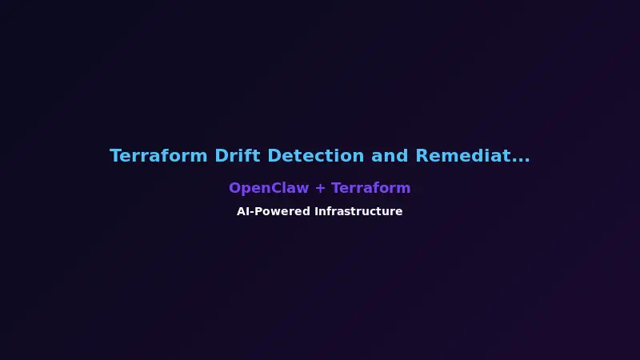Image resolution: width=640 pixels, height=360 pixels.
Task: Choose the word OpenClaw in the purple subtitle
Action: coord(268,188)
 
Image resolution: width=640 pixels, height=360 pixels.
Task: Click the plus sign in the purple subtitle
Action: coord(320,189)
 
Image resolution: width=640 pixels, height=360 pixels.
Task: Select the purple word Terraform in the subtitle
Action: coord(371,188)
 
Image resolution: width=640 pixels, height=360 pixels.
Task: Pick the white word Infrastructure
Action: coord(358,211)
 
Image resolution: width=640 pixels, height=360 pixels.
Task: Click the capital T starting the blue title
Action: coord(115,156)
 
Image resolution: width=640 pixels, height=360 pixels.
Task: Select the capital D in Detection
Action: coord(274,156)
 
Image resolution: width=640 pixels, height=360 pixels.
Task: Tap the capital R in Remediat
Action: coord(422,156)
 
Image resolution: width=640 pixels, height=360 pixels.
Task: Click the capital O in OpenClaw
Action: coord(235,188)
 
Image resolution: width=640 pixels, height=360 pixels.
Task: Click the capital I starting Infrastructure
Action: coord(316,211)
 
